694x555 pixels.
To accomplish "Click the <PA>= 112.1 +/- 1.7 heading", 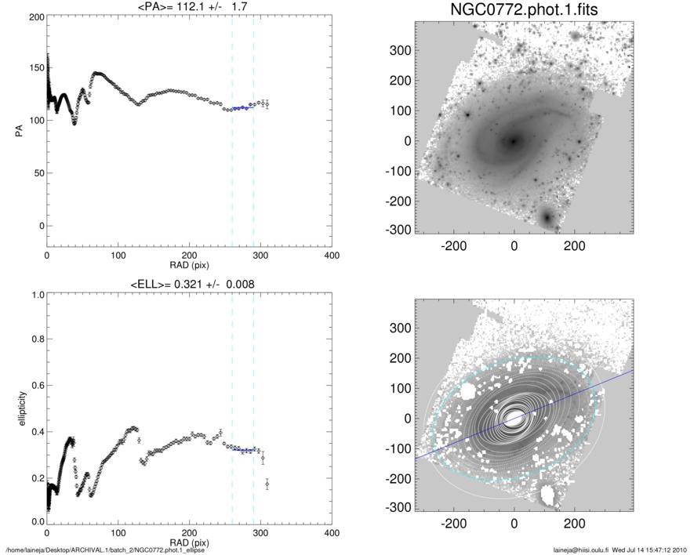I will click(x=189, y=7).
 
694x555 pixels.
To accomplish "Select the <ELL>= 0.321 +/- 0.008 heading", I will click(x=189, y=284).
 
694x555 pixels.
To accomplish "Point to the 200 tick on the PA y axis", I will click(x=35, y=17).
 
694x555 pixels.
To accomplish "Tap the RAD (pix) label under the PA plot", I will click(x=189, y=266).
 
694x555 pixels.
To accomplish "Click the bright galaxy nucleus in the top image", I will click(x=514, y=141).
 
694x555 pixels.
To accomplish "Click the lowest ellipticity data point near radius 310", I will click(x=267, y=484).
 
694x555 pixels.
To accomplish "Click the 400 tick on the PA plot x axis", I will click(x=331, y=256).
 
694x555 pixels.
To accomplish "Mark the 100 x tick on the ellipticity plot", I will click(x=118, y=532).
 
